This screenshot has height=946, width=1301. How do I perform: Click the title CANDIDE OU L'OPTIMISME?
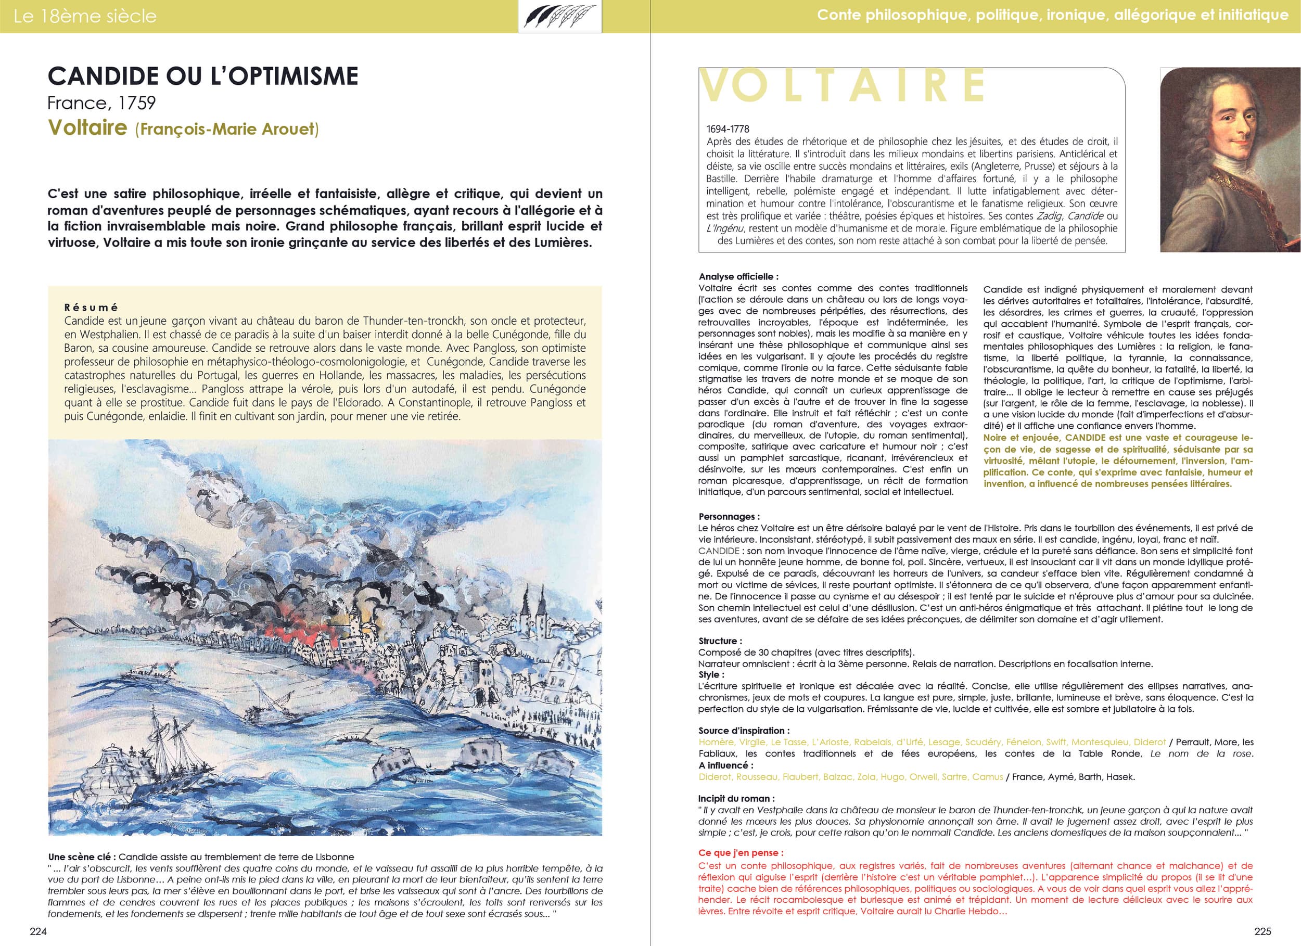pyautogui.click(x=202, y=76)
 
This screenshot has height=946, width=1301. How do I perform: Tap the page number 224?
pyautogui.click(x=39, y=931)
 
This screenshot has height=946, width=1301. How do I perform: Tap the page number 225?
pyautogui.click(x=1262, y=931)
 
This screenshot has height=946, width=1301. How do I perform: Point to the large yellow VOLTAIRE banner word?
pyautogui.click(x=843, y=86)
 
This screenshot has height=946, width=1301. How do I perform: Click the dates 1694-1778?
pyautogui.click(x=728, y=129)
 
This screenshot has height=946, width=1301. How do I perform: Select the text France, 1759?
pyautogui.click(x=101, y=103)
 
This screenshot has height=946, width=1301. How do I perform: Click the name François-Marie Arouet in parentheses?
pyautogui.click(x=226, y=129)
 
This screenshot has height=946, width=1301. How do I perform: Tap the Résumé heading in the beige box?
pyautogui.click(x=91, y=308)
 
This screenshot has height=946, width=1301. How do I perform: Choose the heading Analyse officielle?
pyautogui.click(x=738, y=276)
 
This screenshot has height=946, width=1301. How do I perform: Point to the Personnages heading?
pyautogui.click(x=729, y=516)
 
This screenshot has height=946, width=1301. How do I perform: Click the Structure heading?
pyautogui.click(x=720, y=641)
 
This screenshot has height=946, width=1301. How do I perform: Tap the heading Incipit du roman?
pyautogui.click(x=736, y=798)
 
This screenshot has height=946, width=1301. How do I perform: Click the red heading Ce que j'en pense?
pyautogui.click(x=741, y=852)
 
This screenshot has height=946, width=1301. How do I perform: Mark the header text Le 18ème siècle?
pyautogui.click(x=85, y=16)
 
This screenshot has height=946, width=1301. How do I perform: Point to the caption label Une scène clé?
pyautogui.click(x=82, y=856)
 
